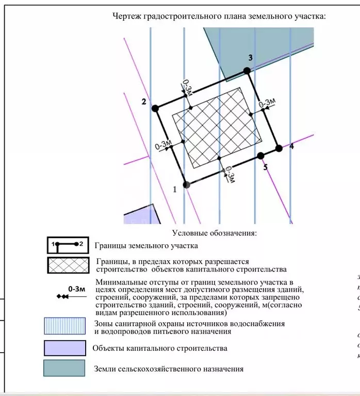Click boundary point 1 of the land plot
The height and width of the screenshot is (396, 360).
pos(187,184)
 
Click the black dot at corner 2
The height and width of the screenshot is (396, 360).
pos(155,108)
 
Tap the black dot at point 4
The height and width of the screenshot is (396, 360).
pos(279,148)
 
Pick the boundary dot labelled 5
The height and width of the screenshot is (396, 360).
pos(260,155)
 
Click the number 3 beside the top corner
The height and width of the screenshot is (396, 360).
pos(250,57)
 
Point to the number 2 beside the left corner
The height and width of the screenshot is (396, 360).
pos(144,101)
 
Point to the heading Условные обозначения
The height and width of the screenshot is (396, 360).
pos(214,233)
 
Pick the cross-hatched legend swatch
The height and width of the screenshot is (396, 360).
pos(68,265)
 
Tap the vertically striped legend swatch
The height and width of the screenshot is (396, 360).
pos(64,327)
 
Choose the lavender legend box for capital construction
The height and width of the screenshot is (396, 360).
pos(64,347)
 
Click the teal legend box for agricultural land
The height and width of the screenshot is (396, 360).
pos(64,368)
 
